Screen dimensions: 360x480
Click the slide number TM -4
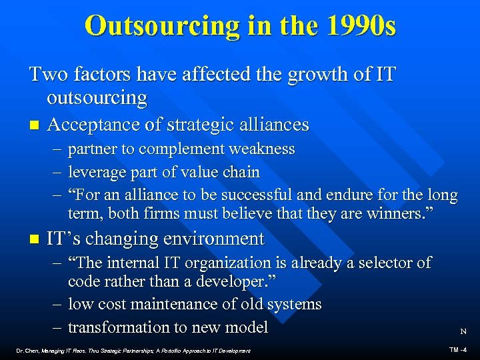(458, 349)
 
